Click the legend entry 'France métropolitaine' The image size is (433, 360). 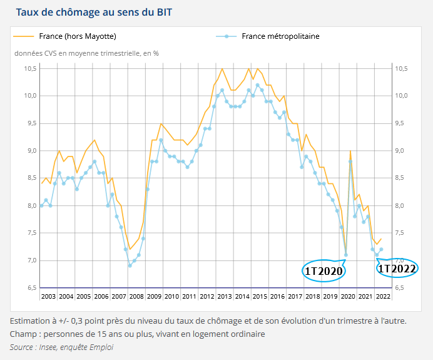point(280,36)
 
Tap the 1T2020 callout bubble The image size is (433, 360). point(324,270)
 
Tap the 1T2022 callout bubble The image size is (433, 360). point(397,268)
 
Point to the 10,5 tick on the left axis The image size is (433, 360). point(30,68)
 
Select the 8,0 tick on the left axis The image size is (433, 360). point(30,206)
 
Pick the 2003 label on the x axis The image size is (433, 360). point(48,296)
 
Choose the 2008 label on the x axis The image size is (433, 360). point(136,296)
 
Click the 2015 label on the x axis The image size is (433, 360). point(260,296)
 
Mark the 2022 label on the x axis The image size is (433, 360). point(383,296)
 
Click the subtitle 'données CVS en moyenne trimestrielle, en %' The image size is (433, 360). point(86,53)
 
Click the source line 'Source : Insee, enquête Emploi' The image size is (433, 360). point(61,347)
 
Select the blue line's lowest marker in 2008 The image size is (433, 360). point(130,265)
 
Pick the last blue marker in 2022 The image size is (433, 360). point(381,249)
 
